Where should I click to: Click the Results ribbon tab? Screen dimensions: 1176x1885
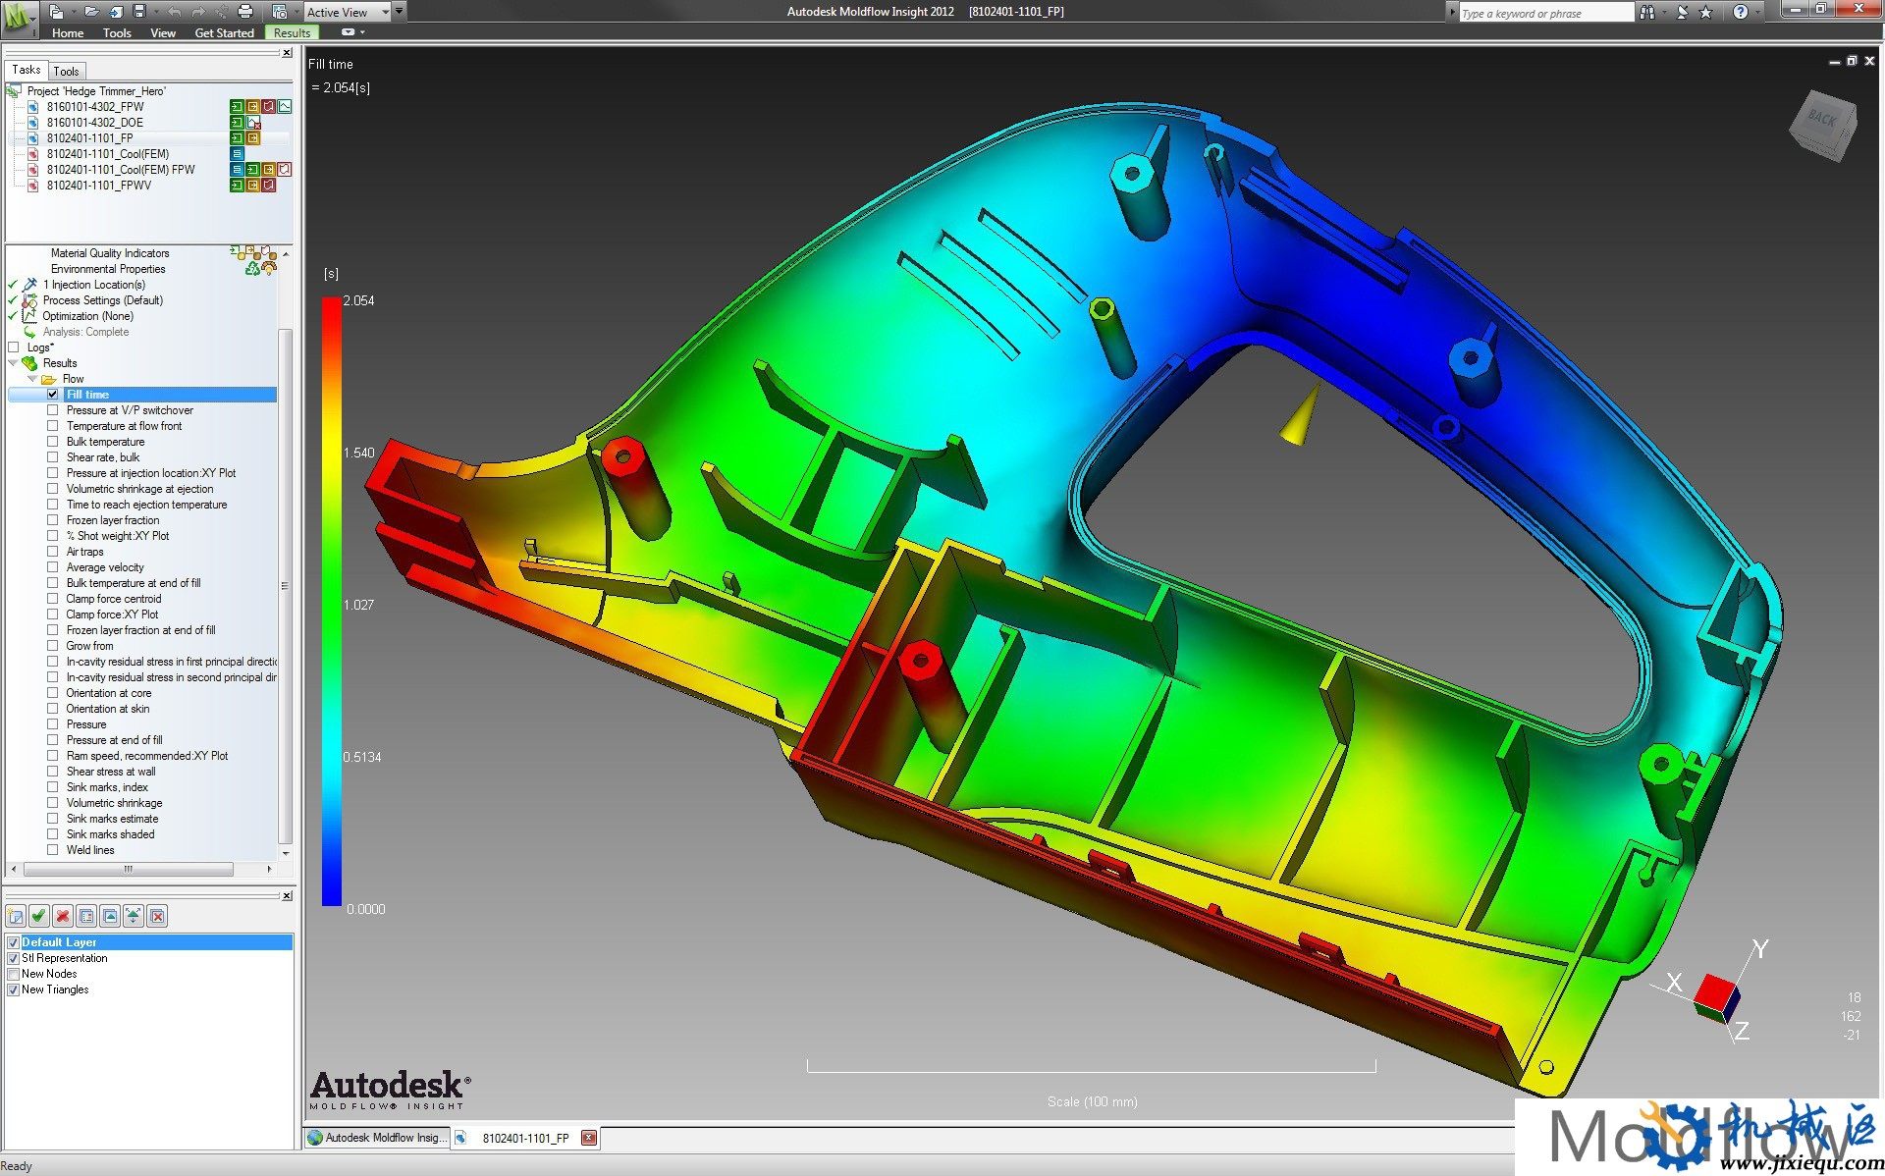[x=292, y=32]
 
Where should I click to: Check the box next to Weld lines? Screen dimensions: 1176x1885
[x=53, y=850]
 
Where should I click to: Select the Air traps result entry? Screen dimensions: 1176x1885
[x=84, y=552]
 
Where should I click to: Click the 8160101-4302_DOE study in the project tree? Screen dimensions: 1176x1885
[x=94, y=123]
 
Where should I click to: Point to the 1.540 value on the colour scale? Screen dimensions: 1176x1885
[x=359, y=453]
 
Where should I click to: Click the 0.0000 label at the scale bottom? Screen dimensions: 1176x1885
[x=365, y=909]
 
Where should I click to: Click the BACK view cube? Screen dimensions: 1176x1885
[x=1824, y=123]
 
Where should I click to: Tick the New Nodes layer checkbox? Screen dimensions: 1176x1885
[x=14, y=974]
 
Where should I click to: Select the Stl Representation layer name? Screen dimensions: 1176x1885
[x=65, y=958]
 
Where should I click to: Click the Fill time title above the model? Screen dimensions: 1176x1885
[x=331, y=64]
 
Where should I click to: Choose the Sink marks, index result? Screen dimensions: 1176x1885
[x=107, y=787]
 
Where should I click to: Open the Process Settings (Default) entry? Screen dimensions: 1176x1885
[x=102, y=300]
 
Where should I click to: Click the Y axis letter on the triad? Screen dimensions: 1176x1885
[x=1760, y=948]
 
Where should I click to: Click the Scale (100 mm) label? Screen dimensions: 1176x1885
[x=1092, y=1101]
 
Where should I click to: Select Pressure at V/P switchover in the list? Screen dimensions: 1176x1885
[x=130, y=410]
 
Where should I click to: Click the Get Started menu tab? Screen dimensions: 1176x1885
[x=224, y=32]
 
